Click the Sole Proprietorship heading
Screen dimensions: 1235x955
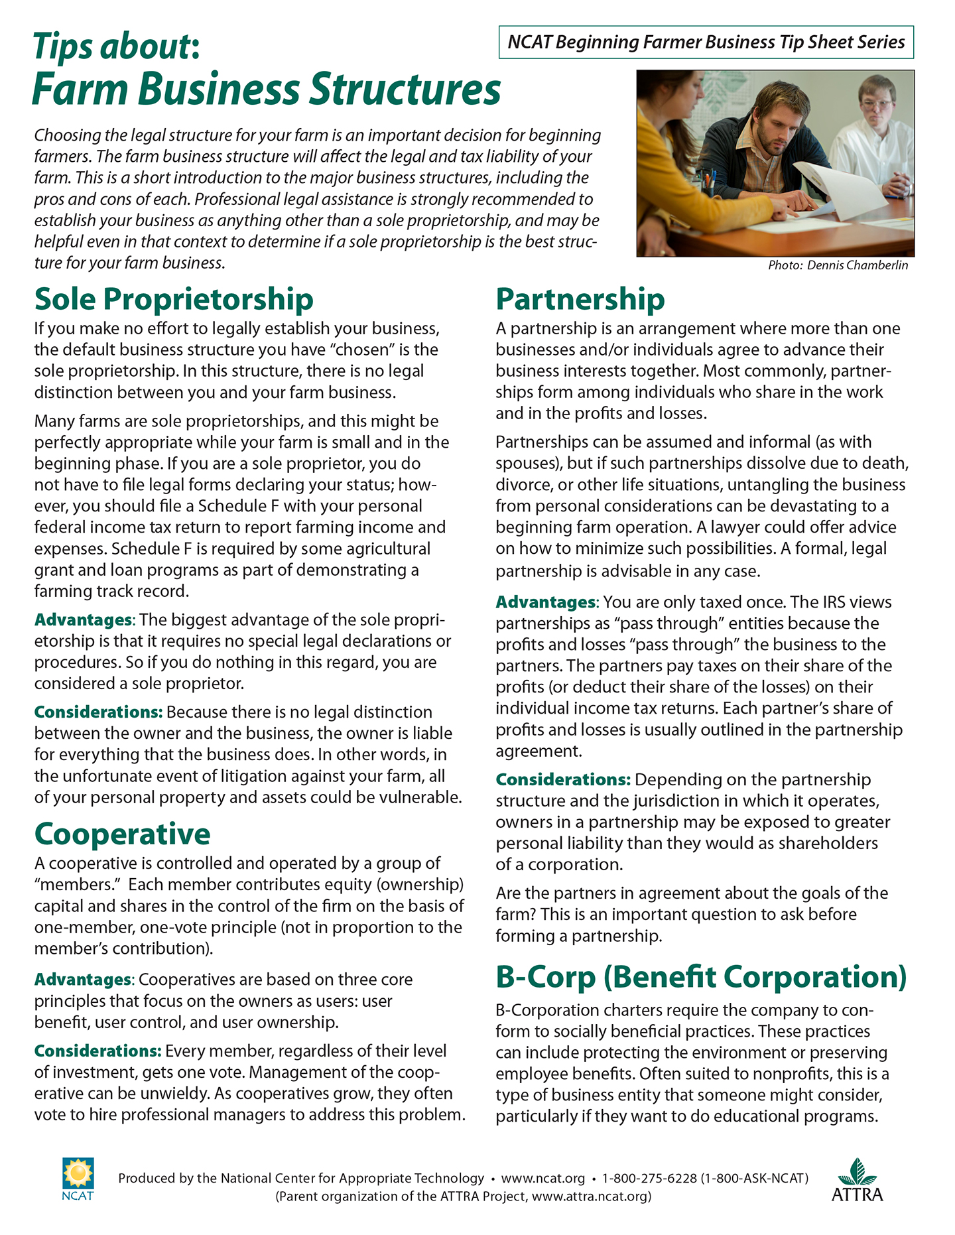(174, 299)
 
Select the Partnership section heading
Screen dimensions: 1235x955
(580, 299)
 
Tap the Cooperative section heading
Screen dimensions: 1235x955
(122, 834)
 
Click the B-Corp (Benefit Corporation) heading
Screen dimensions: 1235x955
(701, 977)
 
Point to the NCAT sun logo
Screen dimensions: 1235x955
(78, 1175)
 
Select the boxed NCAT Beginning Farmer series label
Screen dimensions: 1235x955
(706, 42)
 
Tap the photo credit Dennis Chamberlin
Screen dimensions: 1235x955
(838, 265)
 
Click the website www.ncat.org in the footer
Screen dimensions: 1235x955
(542, 1178)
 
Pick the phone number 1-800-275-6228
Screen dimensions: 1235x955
(649, 1178)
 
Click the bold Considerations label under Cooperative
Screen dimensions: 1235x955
(97, 1051)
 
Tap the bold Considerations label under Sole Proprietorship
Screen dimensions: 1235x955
(98, 712)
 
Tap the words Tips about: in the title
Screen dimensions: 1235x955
(116, 47)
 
